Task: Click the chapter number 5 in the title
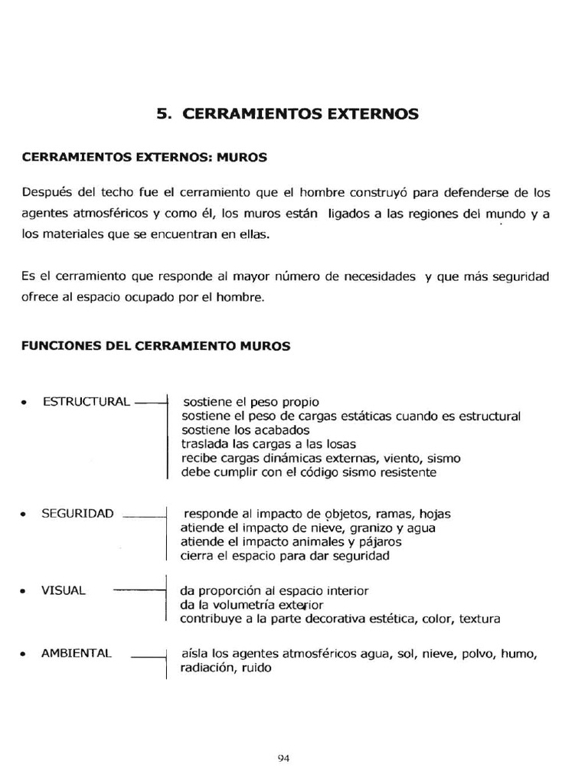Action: pyautogui.click(x=161, y=115)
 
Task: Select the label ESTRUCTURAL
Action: pyautogui.click(x=87, y=402)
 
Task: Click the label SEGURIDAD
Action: pyautogui.click(x=77, y=513)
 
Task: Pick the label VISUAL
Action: pyautogui.click(x=64, y=591)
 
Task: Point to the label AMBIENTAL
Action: pyautogui.click(x=77, y=653)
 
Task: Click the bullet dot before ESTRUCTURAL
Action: pyautogui.click(x=25, y=403)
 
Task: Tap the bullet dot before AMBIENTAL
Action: pyautogui.click(x=25, y=655)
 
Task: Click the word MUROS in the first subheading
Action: pyautogui.click(x=242, y=158)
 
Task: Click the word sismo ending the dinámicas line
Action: pyautogui.click(x=444, y=459)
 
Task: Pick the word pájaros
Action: pyautogui.click(x=381, y=541)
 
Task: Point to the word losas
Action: pyautogui.click(x=338, y=444)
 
